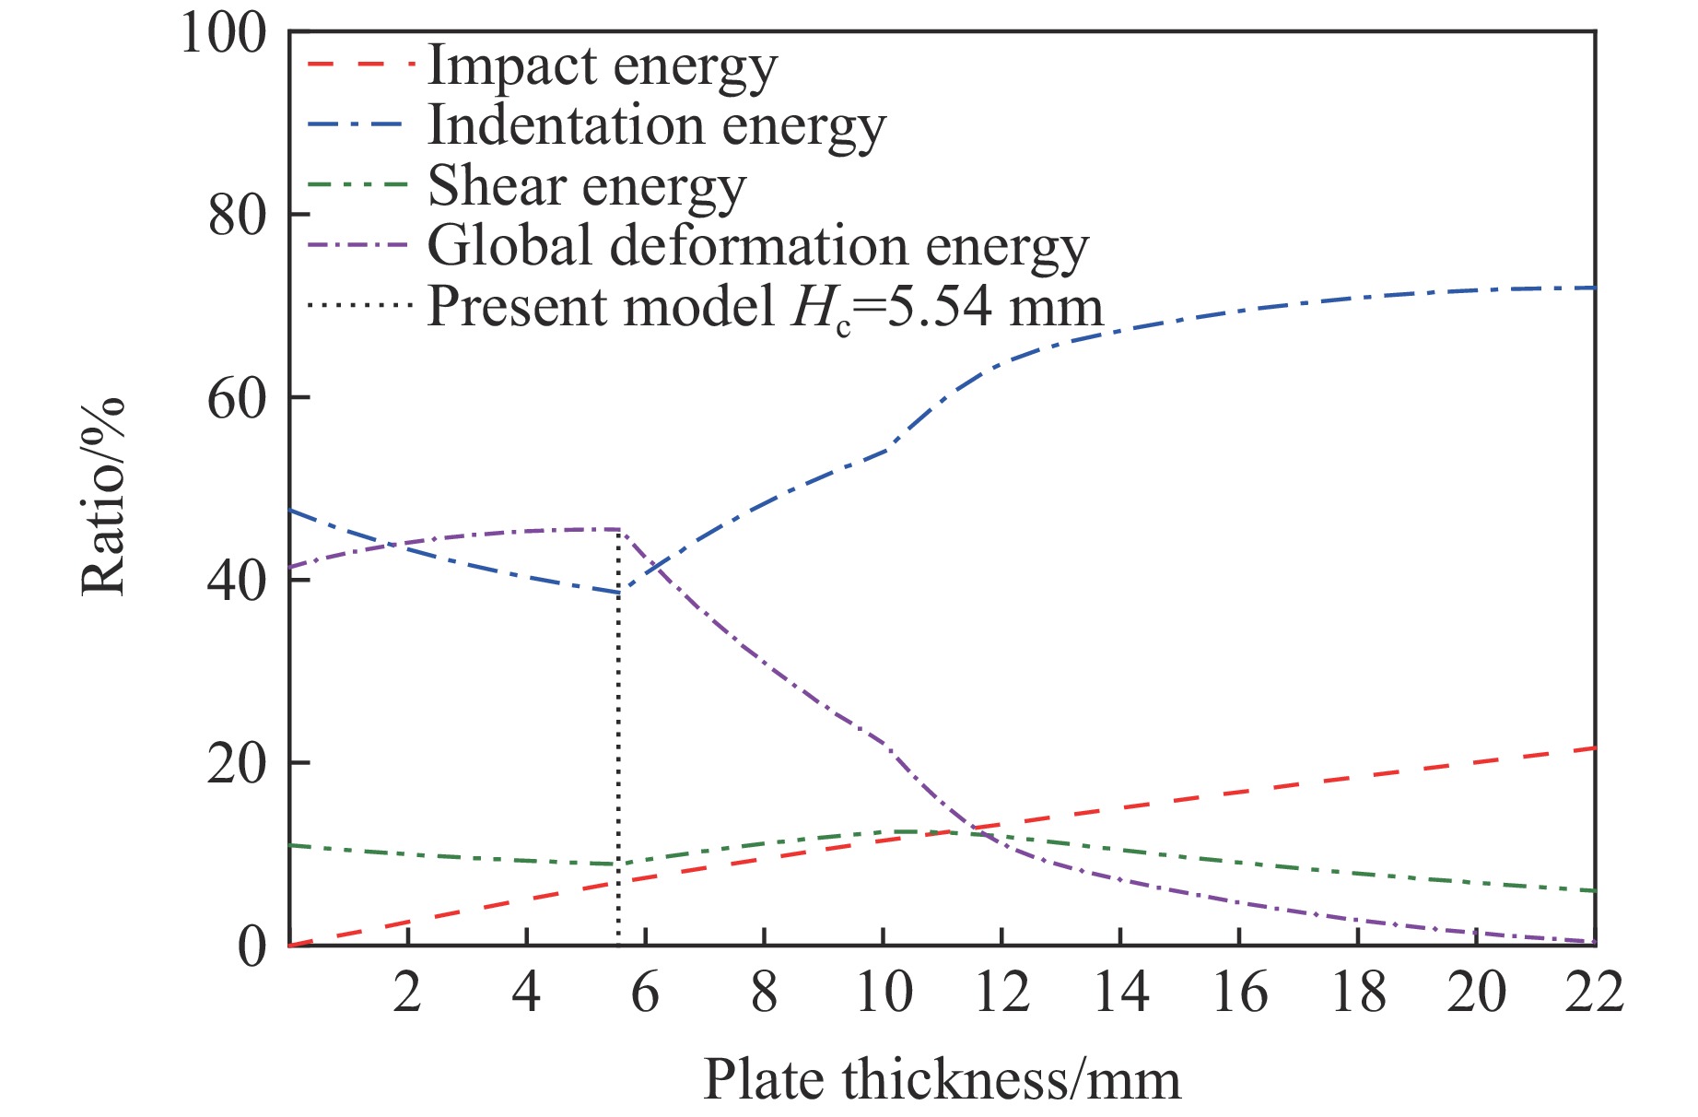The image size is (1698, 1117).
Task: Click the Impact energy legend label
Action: coord(603,67)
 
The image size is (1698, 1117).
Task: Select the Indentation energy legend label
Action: coord(656,127)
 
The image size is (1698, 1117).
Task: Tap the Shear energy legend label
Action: coord(587,187)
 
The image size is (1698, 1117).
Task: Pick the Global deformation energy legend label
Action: coord(758,247)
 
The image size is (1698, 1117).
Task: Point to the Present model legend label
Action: coord(765,308)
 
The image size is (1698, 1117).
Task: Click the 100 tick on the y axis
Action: coord(222,33)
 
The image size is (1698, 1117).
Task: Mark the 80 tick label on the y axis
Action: coord(236,216)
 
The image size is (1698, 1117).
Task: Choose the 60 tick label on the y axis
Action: coord(236,398)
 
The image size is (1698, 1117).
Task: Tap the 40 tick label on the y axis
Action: coord(236,581)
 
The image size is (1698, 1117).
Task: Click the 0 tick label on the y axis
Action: coord(252,947)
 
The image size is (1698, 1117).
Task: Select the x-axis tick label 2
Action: coord(407,994)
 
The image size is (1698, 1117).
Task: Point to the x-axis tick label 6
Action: coord(645,994)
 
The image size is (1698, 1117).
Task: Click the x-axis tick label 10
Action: coord(884,994)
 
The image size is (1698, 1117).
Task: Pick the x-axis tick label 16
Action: coord(1239,994)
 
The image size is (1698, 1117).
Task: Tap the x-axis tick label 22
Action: coord(1595,994)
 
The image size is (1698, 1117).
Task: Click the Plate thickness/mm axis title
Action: coord(942,1080)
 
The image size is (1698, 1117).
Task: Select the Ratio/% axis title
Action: coord(103,496)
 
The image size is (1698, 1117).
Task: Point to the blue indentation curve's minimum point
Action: coord(618,593)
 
